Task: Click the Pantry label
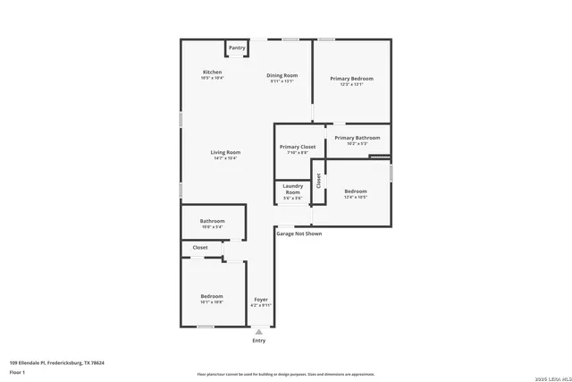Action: (237, 47)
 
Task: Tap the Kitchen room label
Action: (212, 72)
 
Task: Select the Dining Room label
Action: (282, 76)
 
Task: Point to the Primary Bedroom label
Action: (351, 79)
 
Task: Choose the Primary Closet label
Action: (297, 147)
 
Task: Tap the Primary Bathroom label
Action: (357, 138)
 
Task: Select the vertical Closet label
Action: (318, 180)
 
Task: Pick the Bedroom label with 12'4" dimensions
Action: (356, 191)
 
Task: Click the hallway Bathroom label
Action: (212, 221)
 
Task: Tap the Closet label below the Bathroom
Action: (200, 248)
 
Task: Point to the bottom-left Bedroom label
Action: (211, 296)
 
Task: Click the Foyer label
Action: (261, 300)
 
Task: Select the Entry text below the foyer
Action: (259, 341)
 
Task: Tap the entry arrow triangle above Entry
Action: (259, 331)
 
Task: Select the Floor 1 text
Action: (18, 371)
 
